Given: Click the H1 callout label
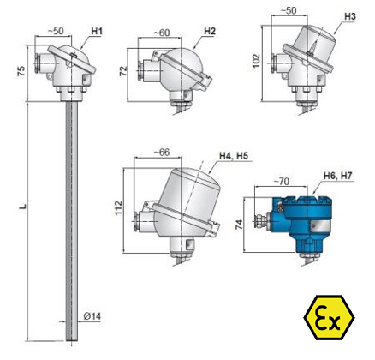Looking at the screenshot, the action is coord(97,31).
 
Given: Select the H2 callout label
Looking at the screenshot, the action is coord(210,32).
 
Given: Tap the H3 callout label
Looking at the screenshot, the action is coord(350,16).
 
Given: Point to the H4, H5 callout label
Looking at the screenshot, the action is coord(234,156).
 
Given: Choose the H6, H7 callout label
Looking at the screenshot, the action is coord(338,176).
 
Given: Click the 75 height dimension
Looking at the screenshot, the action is coord(21,71).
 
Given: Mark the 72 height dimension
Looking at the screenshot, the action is coord(123,71).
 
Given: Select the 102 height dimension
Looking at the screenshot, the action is coord(256,61).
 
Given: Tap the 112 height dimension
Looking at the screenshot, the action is coord(118,207).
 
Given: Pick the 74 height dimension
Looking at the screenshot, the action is coord(240,225).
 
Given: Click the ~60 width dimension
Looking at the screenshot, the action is coord(162,33).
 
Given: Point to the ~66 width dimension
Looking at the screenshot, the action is coord(162,153).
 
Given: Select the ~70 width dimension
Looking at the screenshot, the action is coord(282,181).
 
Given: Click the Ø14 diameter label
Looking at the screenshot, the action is coord(92,316).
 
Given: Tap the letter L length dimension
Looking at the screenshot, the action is coord(24,207).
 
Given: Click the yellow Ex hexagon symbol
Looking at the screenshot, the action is coord(329,317).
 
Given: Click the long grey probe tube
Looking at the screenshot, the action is coord(72,221).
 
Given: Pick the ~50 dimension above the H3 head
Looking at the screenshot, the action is coord(289,11).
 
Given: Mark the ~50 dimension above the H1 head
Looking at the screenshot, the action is coord(56,31).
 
